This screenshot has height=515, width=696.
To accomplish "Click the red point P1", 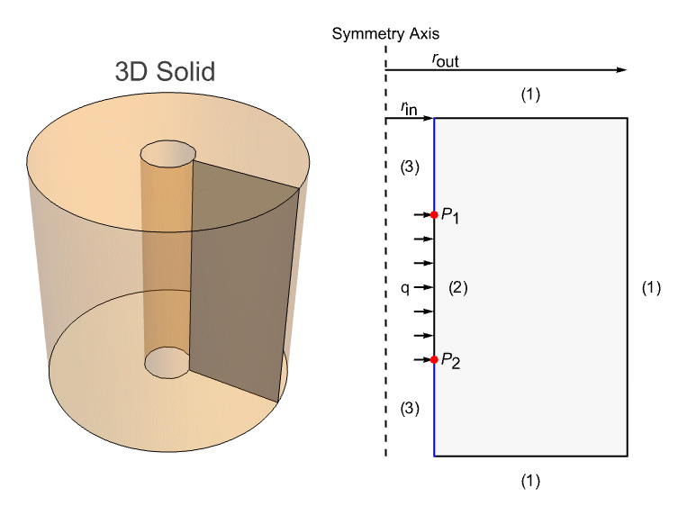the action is [434, 215].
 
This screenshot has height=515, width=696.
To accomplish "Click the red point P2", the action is [434, 359].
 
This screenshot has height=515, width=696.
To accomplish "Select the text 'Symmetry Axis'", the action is [385, 33].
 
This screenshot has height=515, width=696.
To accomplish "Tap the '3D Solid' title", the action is [165, 71].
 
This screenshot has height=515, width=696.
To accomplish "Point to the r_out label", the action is [445, 60].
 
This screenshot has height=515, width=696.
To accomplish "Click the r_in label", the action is [409, 108].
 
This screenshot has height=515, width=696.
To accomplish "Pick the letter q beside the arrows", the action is [405, 289].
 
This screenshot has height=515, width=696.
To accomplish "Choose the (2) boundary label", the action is [458, 288].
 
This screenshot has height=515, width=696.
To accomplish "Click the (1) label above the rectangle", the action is [530, 95].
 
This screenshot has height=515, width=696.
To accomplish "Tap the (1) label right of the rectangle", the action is [651, 288].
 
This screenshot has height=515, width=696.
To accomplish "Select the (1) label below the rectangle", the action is [530, 481].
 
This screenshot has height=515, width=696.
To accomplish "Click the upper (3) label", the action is [410, 167].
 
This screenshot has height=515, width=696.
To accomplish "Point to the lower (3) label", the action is [410, 408].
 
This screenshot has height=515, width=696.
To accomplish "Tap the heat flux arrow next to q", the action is [423, 287].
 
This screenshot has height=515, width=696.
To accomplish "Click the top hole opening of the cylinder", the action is [168, 154].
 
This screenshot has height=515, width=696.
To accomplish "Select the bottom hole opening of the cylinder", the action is [167, 363].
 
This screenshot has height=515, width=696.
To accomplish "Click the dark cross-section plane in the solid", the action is [245, 282].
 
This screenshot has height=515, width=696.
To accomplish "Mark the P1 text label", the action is [450, 216].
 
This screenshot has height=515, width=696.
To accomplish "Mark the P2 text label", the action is [450, 361].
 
